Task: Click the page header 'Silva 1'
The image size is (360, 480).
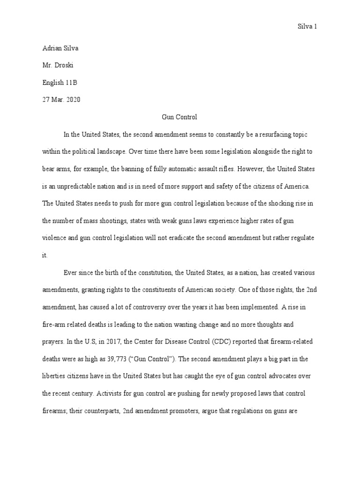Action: pos(308,27)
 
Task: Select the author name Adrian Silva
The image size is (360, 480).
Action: pos(57,48)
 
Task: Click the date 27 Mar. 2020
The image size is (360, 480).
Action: pos(61,100)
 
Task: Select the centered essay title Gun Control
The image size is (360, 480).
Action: pos(180,117)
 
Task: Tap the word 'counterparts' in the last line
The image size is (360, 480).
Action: pos(97,411)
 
